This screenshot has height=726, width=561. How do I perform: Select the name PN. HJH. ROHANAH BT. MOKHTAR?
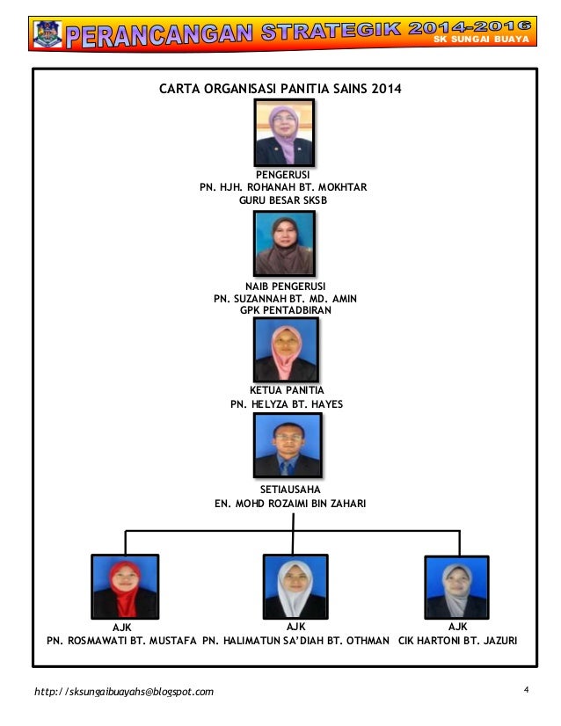coord(282,187)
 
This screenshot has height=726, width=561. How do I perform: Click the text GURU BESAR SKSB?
coord(282,200)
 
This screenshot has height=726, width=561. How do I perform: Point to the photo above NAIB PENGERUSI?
coord(284,243)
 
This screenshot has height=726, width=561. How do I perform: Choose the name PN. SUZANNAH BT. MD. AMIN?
coord(285,299)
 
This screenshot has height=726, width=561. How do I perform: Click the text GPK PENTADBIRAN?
coord(285,310)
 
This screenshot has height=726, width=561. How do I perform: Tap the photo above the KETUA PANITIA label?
coord(286,350)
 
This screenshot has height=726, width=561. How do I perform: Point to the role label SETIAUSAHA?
coord(290,489)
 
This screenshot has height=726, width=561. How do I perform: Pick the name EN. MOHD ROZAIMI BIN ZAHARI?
coord(290,504)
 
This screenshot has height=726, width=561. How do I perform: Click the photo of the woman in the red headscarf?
coord(125,586)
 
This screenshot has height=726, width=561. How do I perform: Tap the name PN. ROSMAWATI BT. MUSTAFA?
coord(121,641)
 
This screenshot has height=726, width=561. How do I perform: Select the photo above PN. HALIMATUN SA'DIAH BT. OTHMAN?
coord(295,586)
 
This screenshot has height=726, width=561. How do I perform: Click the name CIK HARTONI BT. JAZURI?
coord(457,641)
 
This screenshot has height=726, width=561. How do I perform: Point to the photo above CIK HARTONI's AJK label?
coord(456,586)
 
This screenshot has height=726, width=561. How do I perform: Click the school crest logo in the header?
coord(47,33)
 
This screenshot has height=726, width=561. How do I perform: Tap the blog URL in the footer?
coord(123,692)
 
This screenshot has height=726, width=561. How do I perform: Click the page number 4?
coord(525,689)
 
